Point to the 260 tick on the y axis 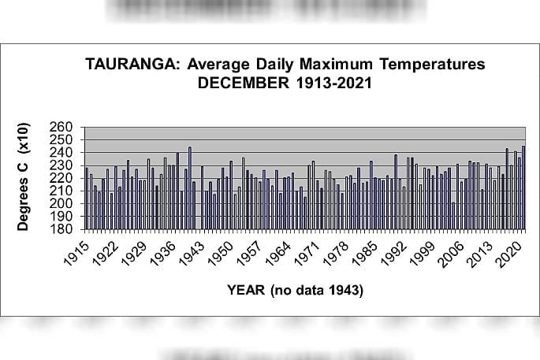(65, 128)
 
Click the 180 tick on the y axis (65, 229)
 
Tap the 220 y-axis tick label (65, 178)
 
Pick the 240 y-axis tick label (65, 153)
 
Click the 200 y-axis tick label (65, 203)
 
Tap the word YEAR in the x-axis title (246, 291)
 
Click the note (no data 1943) (317, 291)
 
